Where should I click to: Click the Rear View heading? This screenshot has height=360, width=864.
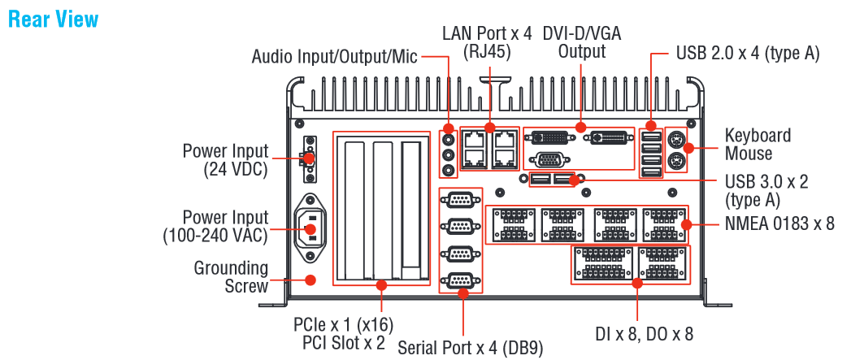53,19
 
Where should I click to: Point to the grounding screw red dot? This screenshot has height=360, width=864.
310,280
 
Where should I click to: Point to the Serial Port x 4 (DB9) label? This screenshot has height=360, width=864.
469,348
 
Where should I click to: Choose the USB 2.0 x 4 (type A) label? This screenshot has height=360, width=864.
747,54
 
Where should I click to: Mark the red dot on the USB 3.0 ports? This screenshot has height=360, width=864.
575,180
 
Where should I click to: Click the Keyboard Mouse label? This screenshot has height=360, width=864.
758,144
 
